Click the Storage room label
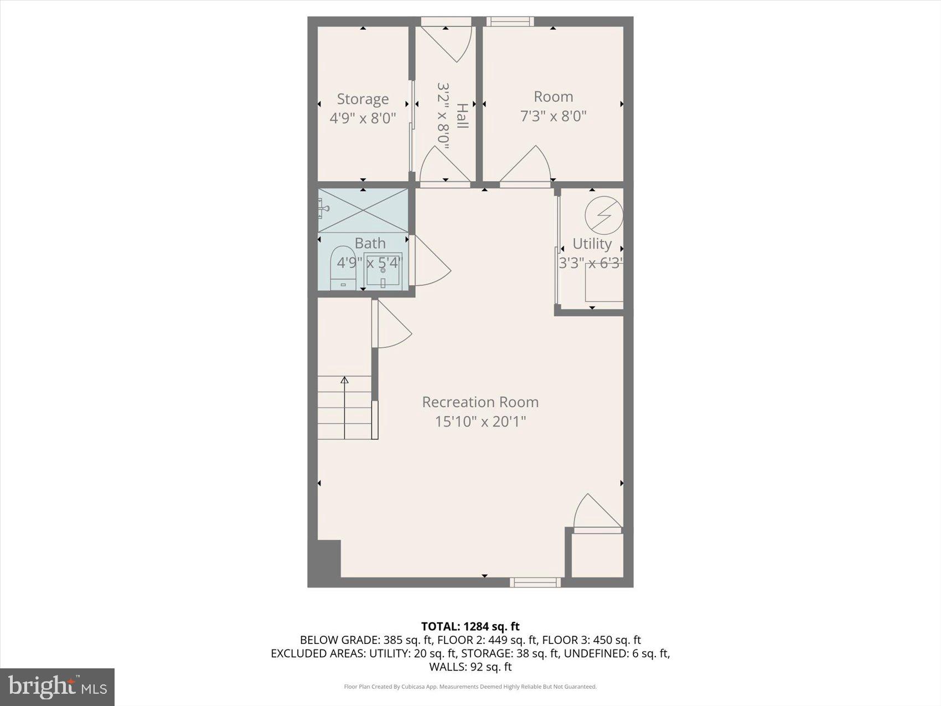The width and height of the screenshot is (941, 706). click(x=363, y=99)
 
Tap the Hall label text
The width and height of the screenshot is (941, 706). click(x=462, y=116)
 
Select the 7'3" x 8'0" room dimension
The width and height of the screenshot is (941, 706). click(x=553, y=116)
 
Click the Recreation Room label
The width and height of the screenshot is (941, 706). click(x=480, y=402)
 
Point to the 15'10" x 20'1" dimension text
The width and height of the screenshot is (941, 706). click(x=480, y=421)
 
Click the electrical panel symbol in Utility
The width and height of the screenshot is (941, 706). click(x=604, y=215)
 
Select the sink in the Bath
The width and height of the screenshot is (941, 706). click(x=382, y=271)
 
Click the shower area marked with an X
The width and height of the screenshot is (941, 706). click(x=363, y=210)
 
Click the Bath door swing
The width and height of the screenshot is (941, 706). click(x=431, y=263)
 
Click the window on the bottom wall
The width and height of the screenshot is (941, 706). click(x=535, y=582)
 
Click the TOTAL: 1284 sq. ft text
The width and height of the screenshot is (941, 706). click(x=470, y=626)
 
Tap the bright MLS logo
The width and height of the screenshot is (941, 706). click(x=58, y=687)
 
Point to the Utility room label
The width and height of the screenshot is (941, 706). click(x=592, y=244)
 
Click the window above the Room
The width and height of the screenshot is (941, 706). click(x=510, y=22)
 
